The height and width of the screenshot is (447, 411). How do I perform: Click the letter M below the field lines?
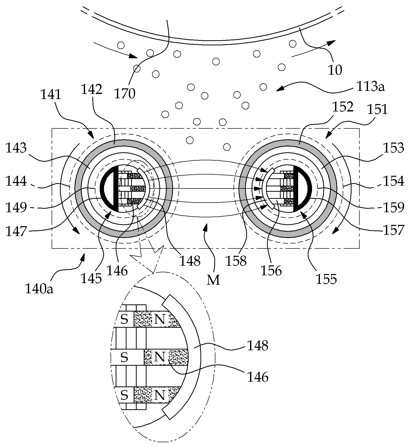[213, 280]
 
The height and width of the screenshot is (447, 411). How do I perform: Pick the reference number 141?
[51, 94]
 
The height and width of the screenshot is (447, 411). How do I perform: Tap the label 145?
[91, 278]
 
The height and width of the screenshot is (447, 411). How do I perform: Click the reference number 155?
[326, 279]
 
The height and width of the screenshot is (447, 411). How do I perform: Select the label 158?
[236, 261]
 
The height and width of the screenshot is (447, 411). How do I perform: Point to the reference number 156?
[271, 271]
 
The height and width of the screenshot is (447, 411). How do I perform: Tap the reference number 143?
[16, 148]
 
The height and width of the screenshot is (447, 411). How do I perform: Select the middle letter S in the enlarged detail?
[124, 357]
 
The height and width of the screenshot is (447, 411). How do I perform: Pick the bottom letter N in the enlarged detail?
[159, 395]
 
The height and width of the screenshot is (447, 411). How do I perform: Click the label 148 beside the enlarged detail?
[258, 345]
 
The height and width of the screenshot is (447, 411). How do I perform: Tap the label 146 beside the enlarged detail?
[258, 377]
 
